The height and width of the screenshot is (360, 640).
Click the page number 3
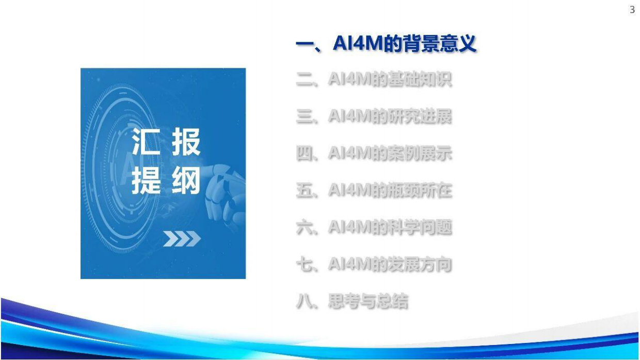[x=632, y=10]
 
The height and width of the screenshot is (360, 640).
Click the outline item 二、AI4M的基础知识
[x=374, y=80]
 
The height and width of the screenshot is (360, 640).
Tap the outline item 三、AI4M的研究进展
[x=374, y=117]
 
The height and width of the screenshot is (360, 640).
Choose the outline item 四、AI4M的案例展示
[x=374, y=154]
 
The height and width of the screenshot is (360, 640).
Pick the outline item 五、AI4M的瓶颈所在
[x=374, y=191]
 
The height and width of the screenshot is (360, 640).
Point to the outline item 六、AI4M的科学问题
[x=374, y=228]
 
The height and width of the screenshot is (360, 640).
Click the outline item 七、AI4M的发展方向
[x=374, y=265]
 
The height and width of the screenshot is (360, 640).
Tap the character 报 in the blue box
[x=185, y=143]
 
